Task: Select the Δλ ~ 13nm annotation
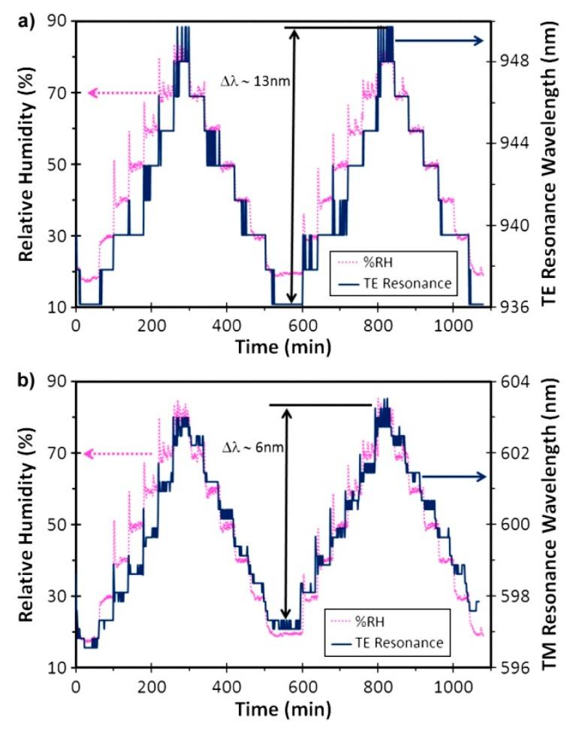click(x=255, y=83)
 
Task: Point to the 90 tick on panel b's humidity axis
click(x=56, y=382)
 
